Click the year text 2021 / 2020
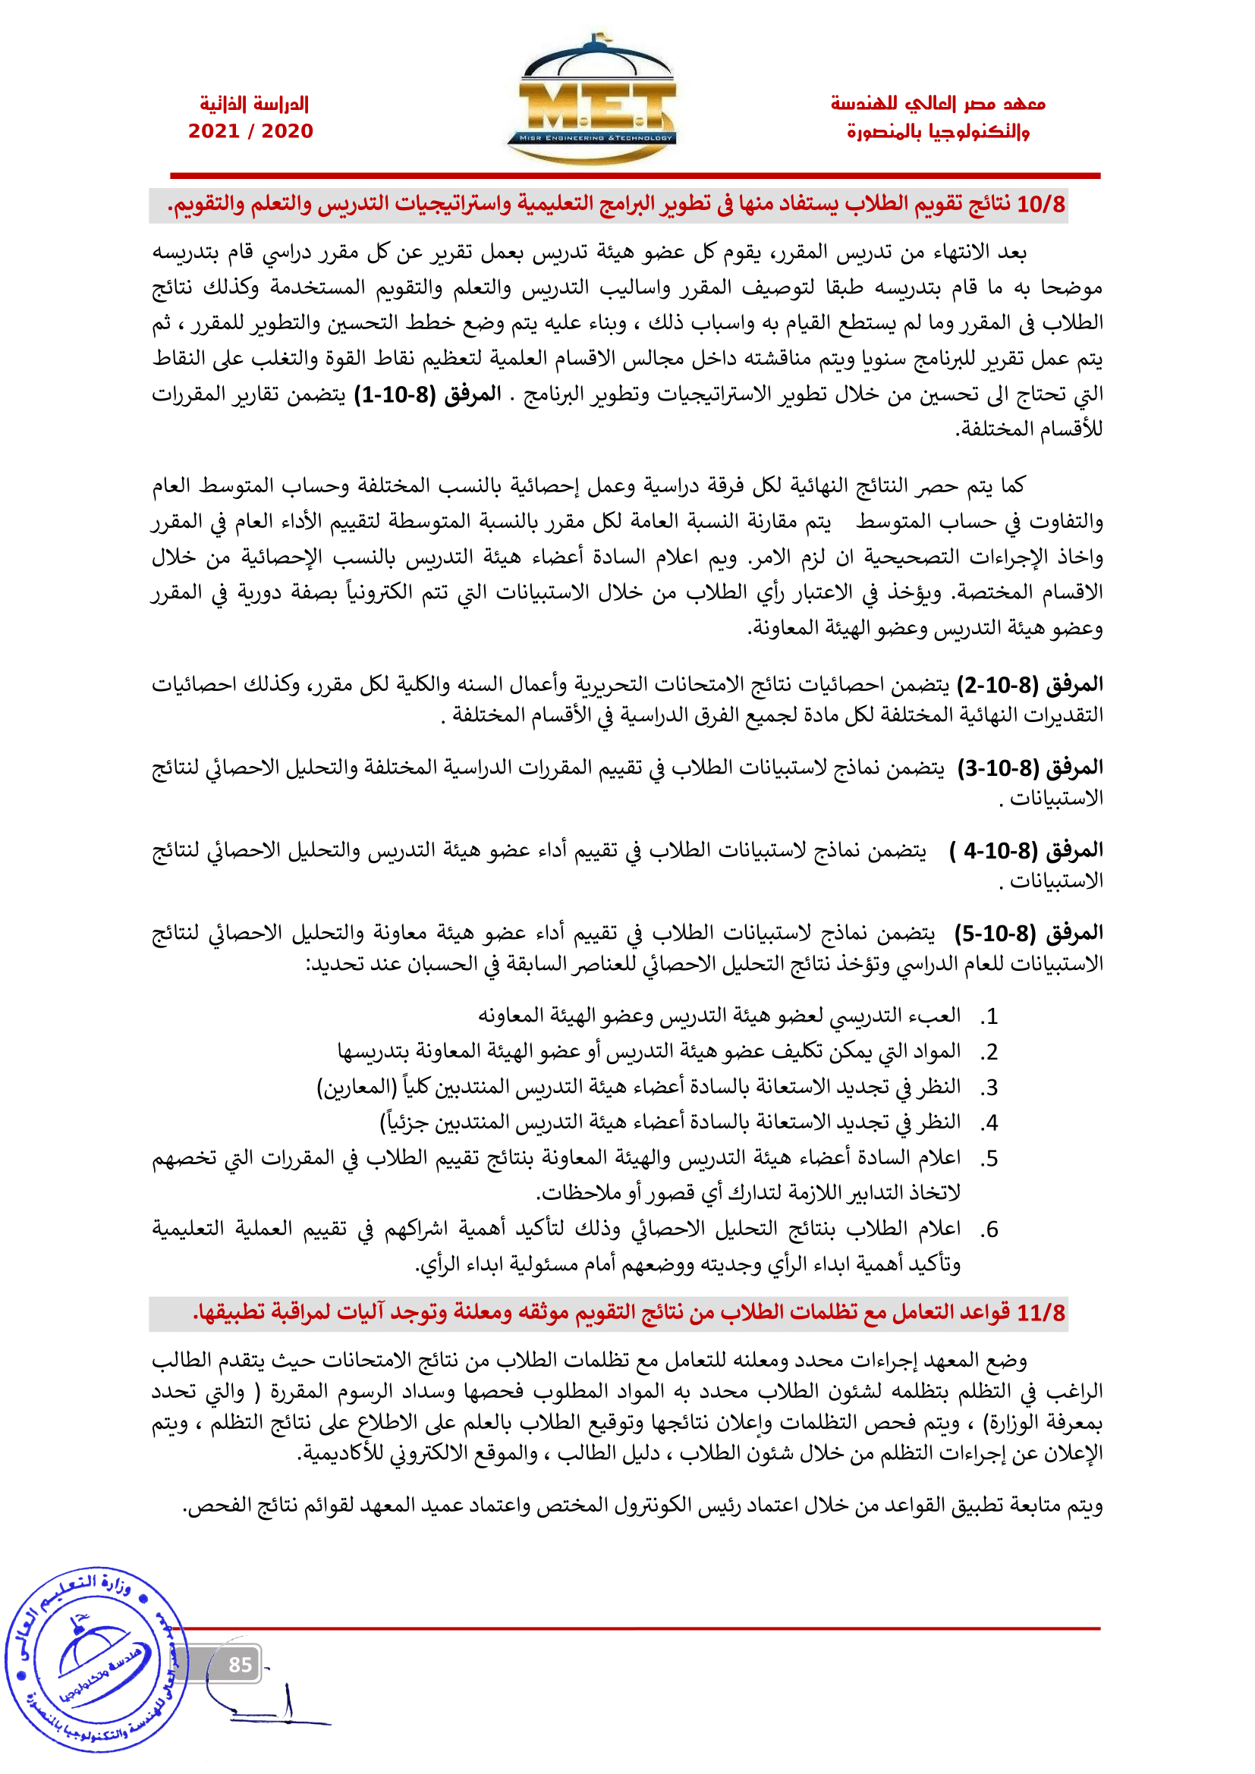[250, 131]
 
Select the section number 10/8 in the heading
[1041, 205]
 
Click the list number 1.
[990, 1017]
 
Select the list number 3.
[990, 1088]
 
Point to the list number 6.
[990, 1229]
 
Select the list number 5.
[990, 1159]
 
